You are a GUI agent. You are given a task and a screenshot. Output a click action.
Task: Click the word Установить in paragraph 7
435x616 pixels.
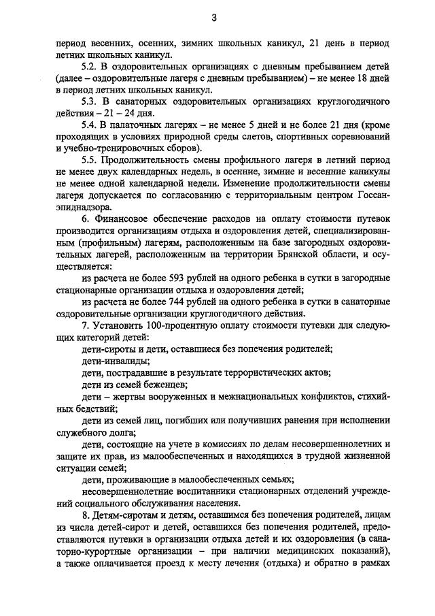(119, 326)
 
